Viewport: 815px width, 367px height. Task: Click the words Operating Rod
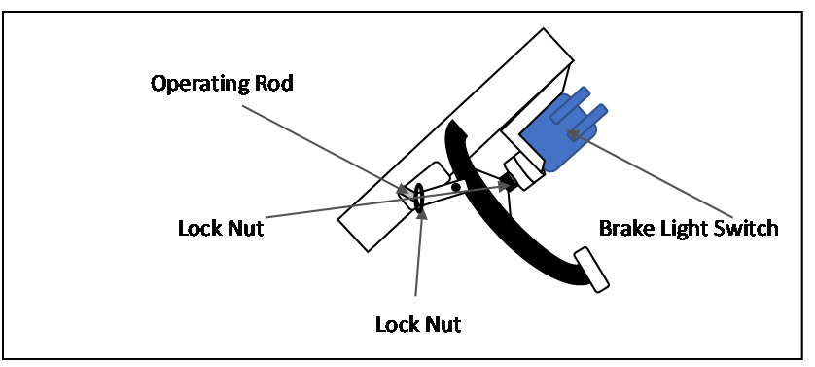[x=222, y=83]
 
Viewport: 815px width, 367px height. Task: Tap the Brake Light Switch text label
[x=689, y=229]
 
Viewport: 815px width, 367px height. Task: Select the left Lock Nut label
[x=221, y=229]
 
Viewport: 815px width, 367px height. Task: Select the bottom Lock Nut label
[x=417, y=323]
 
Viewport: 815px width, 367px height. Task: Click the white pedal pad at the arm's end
[x=591, y=270]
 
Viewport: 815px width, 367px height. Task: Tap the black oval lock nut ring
[x=419, y=196]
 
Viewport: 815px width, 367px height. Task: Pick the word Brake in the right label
[x=624, y=229]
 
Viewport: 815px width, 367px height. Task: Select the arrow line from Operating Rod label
[x=321, y=141]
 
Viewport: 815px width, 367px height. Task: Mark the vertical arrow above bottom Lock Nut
[x=418, y=253]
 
